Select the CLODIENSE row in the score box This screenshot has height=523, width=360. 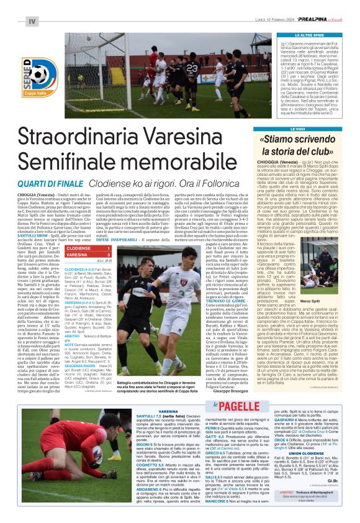(x=87, y=247)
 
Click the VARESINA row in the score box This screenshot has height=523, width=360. (x=87, y=255)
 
